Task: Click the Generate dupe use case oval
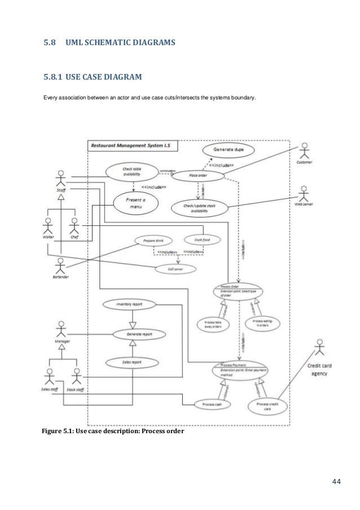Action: click(229, 150)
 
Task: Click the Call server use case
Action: click(175, 269)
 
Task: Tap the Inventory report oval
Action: click(129, 304)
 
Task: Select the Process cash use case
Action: click(209, 404)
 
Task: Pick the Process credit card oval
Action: click(266, 407)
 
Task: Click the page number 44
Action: click(336, 481)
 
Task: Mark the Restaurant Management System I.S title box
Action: click(133, 146)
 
